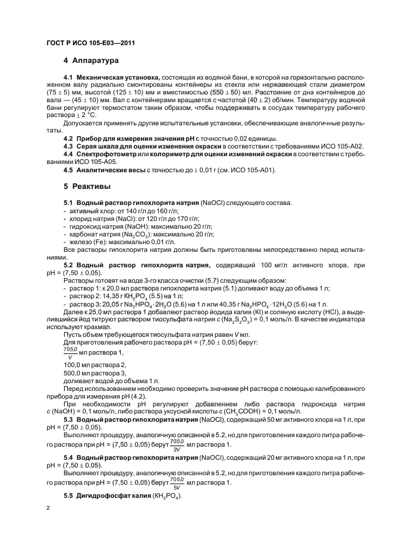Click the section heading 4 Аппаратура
pos(92,61)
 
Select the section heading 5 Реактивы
pos(87,186)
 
